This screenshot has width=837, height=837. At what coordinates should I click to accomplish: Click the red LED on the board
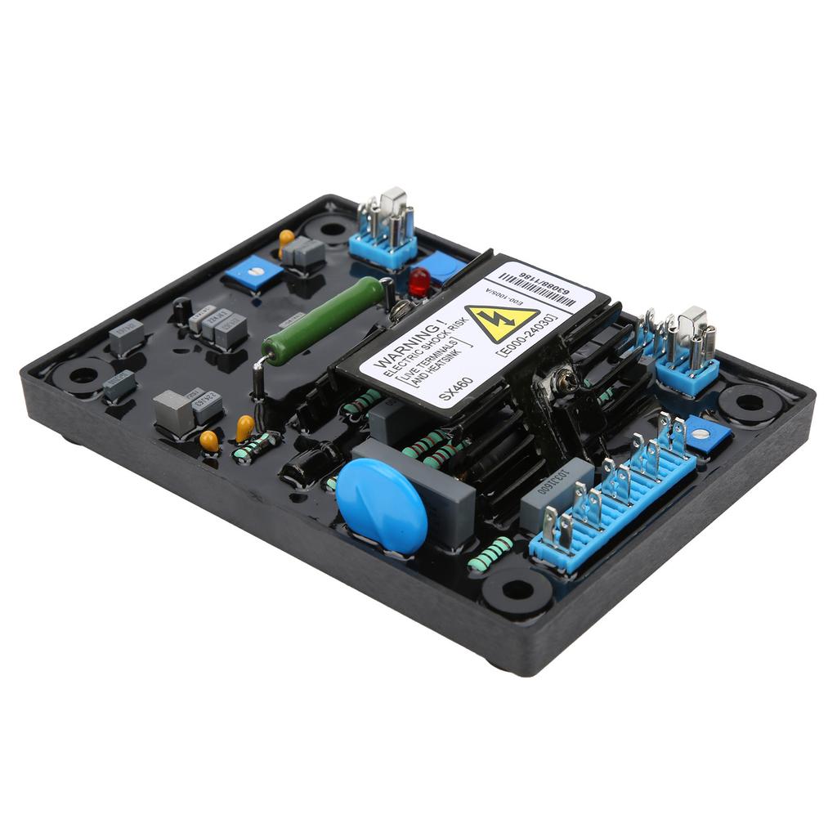click(418, 281)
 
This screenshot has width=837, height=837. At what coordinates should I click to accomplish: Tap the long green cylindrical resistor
click(323, 320)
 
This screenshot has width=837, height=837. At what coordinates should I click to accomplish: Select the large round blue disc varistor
click(381, 504)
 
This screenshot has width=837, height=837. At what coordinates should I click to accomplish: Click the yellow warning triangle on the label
click(501, 322)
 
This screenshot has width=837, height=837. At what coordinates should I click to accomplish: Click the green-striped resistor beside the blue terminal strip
click(490, 553)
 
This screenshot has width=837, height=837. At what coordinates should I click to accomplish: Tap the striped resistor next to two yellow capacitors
click(256, 447)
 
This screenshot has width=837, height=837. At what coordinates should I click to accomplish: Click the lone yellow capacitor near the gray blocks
click(286, 239)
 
